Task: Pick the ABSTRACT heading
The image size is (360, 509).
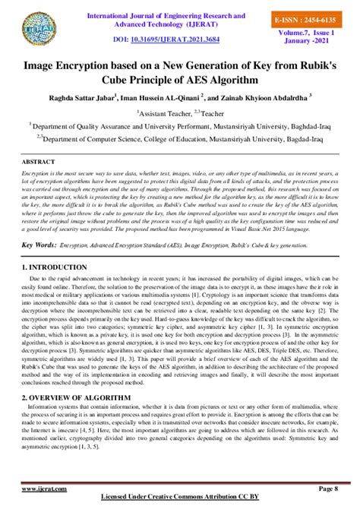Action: [39, 163]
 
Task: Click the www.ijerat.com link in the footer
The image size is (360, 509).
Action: [42, 489]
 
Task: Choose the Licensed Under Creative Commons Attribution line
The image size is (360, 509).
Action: [180, 502]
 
